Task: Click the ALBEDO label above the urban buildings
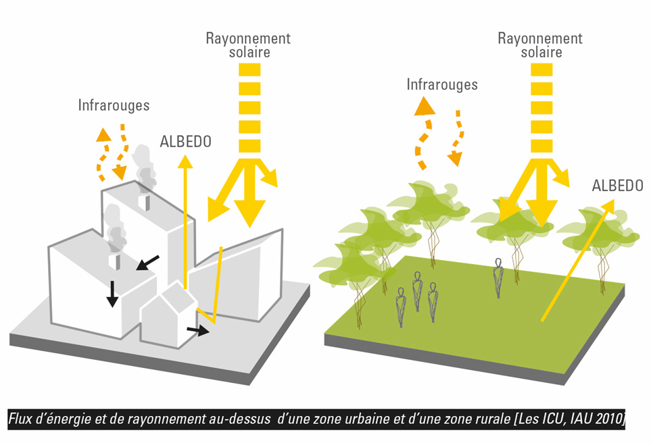click(x=185, y=142)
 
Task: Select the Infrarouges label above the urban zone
click(x=114, y=106)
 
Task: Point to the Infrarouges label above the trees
click(x=442, y=84)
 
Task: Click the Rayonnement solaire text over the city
click(x=248, y=45)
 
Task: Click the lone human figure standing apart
click(x=498, y=276)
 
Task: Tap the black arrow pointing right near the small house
click(x=198, y=330)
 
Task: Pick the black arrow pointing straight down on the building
click(x=112, y=292)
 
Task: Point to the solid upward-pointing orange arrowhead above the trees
click(x=425, y=105)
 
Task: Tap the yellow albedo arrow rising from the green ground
click(x=575, y=263)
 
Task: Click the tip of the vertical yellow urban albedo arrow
click(x=184, y=159)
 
